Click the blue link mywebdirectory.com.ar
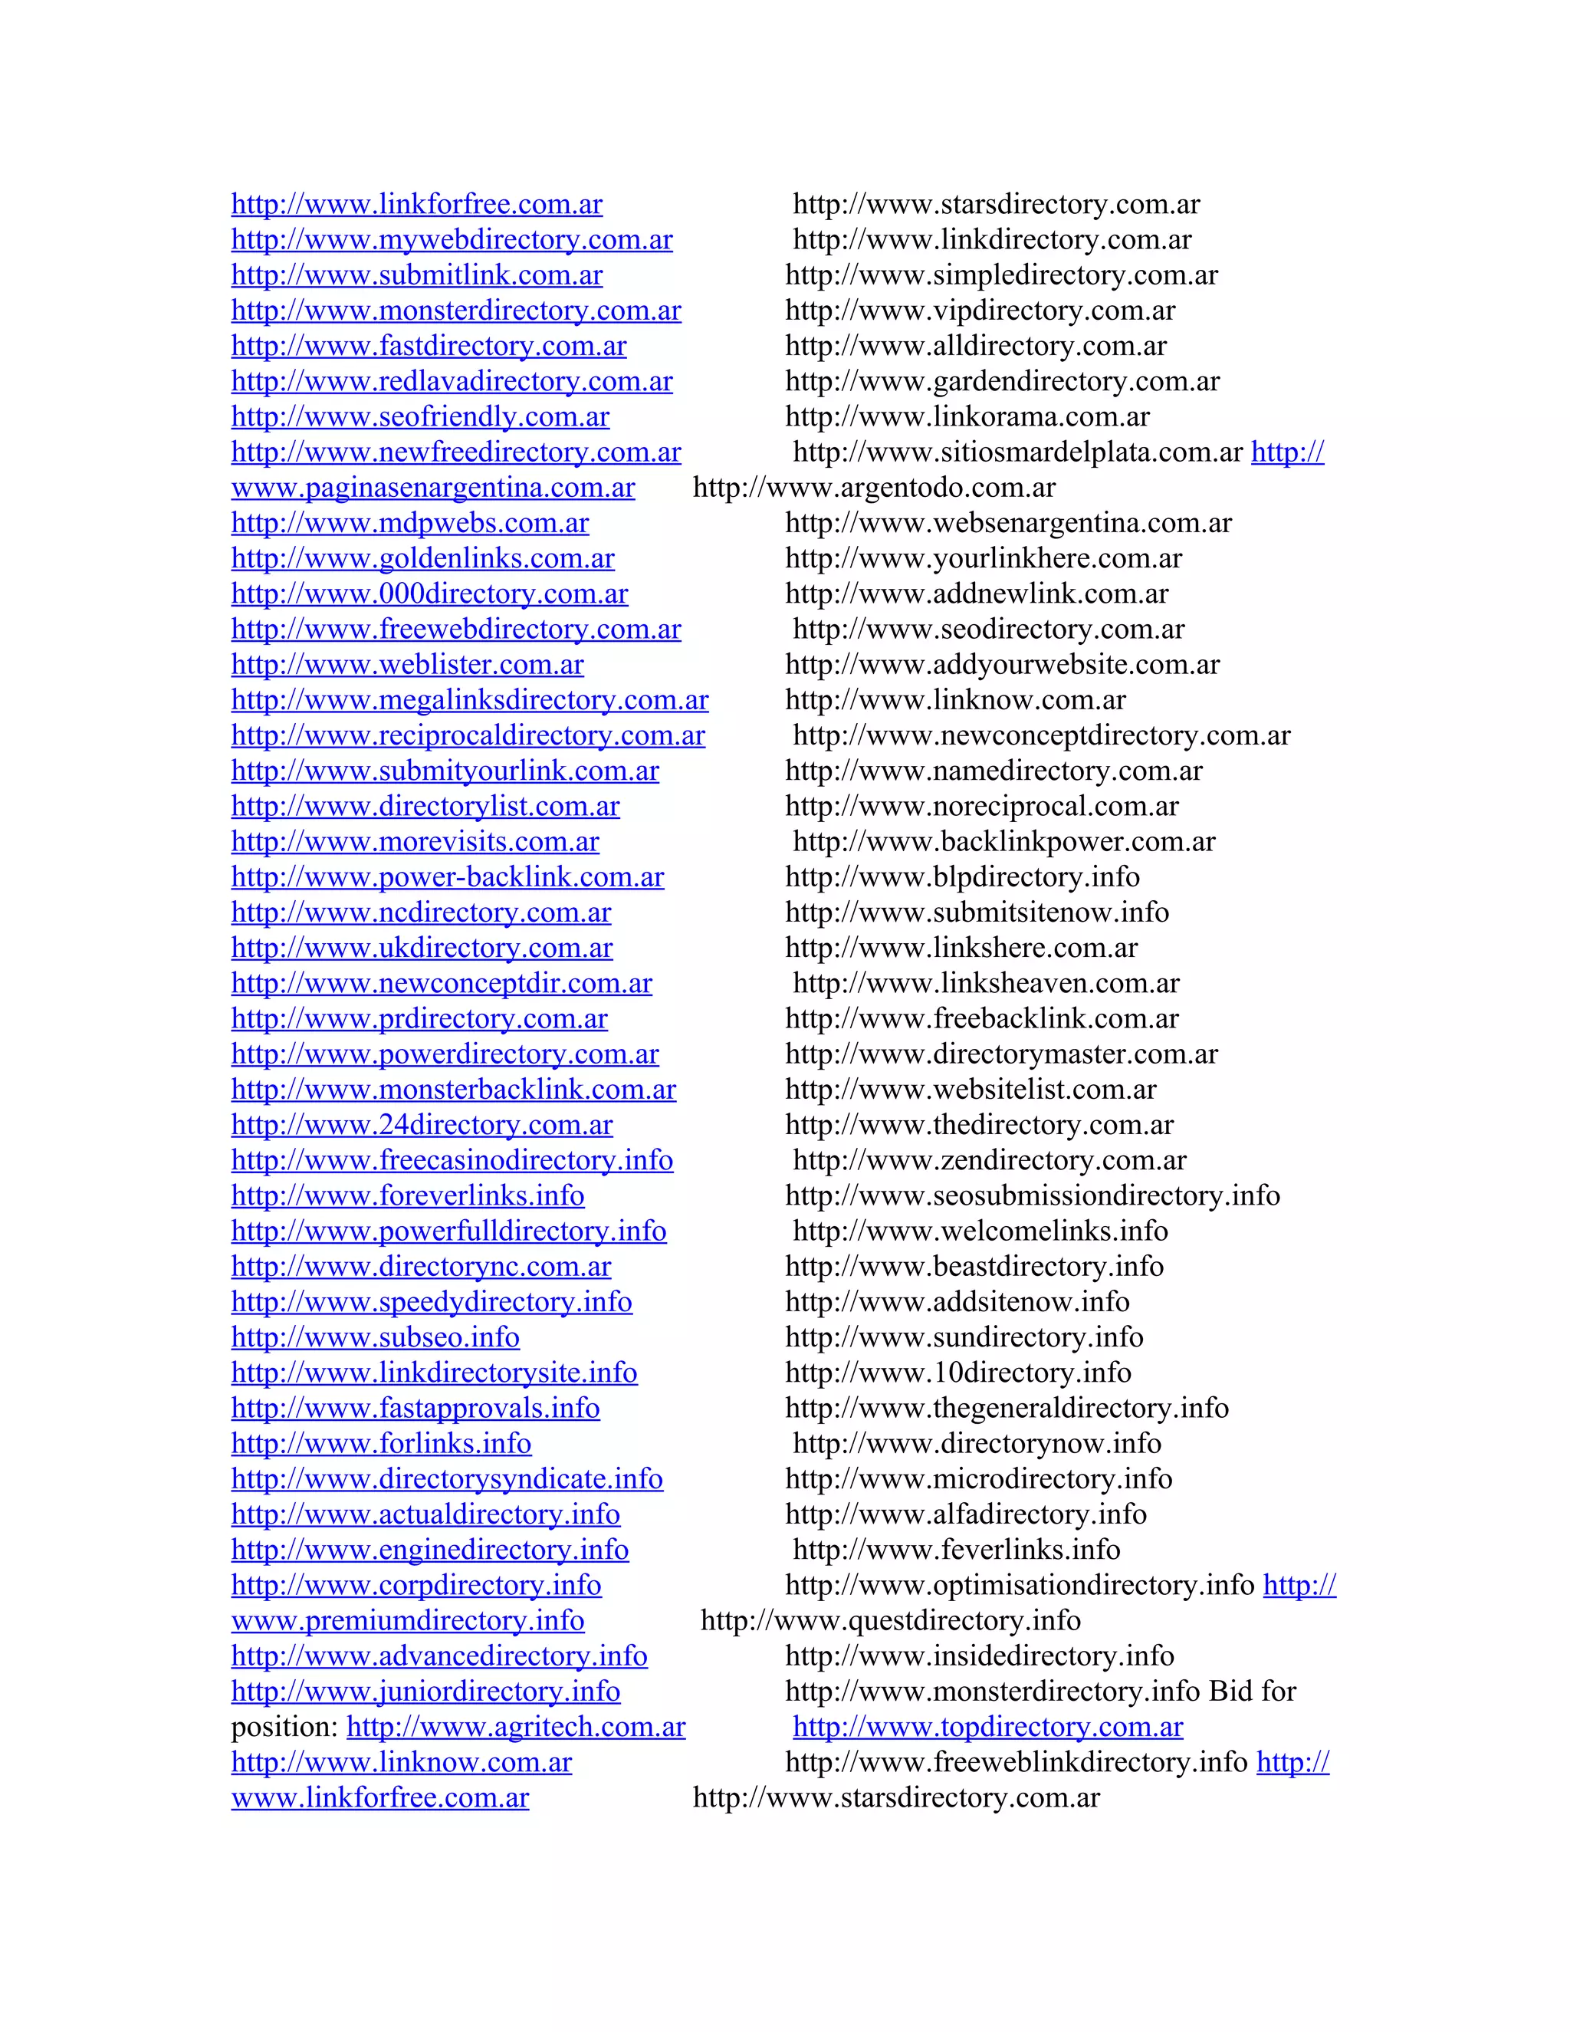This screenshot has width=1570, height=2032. click(x=452, y=240)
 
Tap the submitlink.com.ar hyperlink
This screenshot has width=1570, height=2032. click(x=417, y=275)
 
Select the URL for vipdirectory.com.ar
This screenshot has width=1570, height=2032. click(x=980, y=311)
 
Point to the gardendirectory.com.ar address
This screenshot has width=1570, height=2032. click(x=1003, y=381)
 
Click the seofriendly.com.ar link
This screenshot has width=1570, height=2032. click(x=420, y=417)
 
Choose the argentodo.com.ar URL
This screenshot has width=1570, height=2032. click(x=874, y=488)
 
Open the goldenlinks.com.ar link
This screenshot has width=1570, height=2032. click(x=423, y=558)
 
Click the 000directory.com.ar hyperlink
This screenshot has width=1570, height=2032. click(x=430, y=593)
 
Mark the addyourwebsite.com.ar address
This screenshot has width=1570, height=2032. click(x=1003, y=664)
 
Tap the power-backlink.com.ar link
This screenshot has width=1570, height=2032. click(x=448, y=877)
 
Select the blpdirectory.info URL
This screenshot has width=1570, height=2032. click(x=963, y=877)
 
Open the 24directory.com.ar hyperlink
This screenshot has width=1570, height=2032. click(x=422, y=1125)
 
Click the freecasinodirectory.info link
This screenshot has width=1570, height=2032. click(x=452, y=1160)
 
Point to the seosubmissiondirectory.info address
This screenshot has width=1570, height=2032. click(x=1033, y=1195)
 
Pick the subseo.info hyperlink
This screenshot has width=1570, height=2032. click(x=376, y=1337)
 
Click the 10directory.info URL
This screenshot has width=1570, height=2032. click(x=958, y=1373)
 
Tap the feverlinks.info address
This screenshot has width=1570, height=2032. click(x=956, y=1550)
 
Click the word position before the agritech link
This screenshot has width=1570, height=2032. click(x=284, y=1727)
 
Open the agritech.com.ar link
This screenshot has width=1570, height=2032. click(x=516, y=1727)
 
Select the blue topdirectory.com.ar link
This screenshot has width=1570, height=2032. click(x=987, y=1727)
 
